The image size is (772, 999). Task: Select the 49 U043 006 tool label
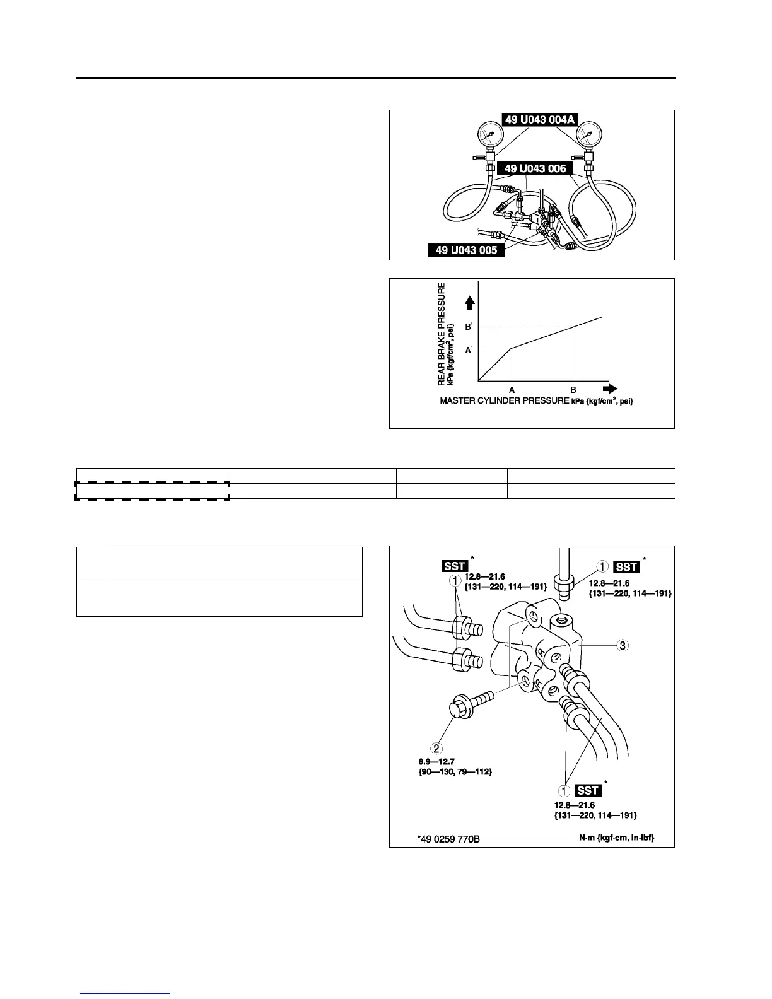pyautogui.click(x=535, y=168)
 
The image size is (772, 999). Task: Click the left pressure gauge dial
pyautogui.click(x=489, y=133)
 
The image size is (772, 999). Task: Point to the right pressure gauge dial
pyautogui.click(x=588, y=133)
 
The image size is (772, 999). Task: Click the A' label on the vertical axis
pyautogui.click(x=469, y=350)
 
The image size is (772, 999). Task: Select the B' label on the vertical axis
pyautogui.click(x=469, y=327)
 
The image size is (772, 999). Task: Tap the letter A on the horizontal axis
pyautogui.click(x=512, y=390)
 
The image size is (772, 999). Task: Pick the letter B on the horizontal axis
pyautogui.click(x=573, y=390)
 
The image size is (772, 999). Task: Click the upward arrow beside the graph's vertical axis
pyautogui.click(x=469, y=304)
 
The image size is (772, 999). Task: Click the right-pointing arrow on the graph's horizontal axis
pyautogui.click(x=609, y=389)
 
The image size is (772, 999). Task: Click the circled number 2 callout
pyautogui.click(x=436, y=749)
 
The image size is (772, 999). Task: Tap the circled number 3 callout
pyautogui.click(x=622, y=645)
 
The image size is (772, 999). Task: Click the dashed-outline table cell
pyautogui.click(x=152, y=491)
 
